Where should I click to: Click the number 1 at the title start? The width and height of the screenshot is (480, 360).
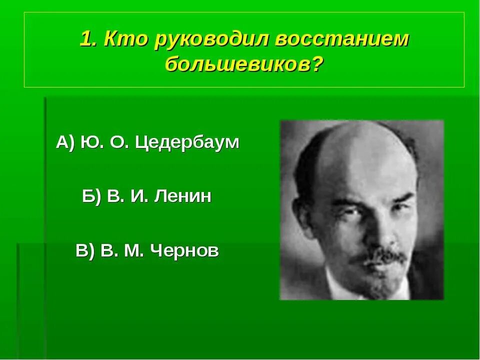pos(87,40)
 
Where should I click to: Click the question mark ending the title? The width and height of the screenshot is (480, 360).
pos(316,64)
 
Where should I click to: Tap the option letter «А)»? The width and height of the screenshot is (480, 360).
pos(65,143)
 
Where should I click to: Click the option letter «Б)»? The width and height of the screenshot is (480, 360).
pos(92,196)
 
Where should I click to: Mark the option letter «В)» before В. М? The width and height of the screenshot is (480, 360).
pos(85,250)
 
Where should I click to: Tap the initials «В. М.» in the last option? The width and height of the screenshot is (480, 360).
pos(124,250)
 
